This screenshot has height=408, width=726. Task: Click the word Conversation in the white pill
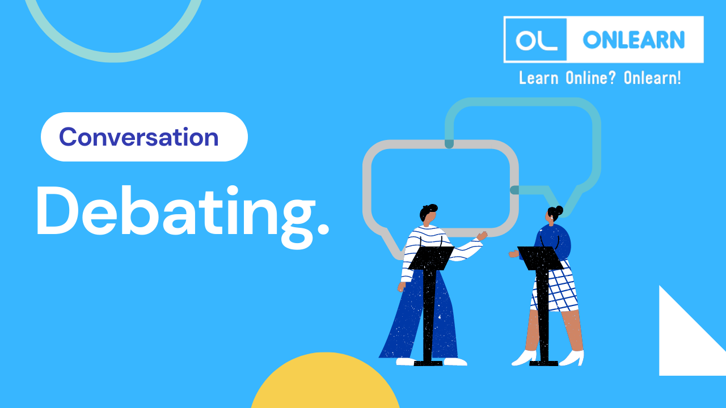[x=139, y=137]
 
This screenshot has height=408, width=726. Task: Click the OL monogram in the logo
[x=534, y=40]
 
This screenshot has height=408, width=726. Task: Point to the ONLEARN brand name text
[x=634, y=40]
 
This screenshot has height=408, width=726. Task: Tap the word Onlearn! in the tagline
[x=652, y=78]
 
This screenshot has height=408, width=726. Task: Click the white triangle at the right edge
[x=686, y=340]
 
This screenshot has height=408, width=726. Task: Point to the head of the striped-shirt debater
[x=428, y=214]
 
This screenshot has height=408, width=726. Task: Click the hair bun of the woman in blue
[x=559, y=210]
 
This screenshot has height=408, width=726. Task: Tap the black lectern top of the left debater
[x=431, y=257]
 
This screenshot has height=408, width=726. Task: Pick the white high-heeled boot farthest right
[x=573, y=358]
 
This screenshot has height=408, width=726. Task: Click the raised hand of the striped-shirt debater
[x=482, y=236]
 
